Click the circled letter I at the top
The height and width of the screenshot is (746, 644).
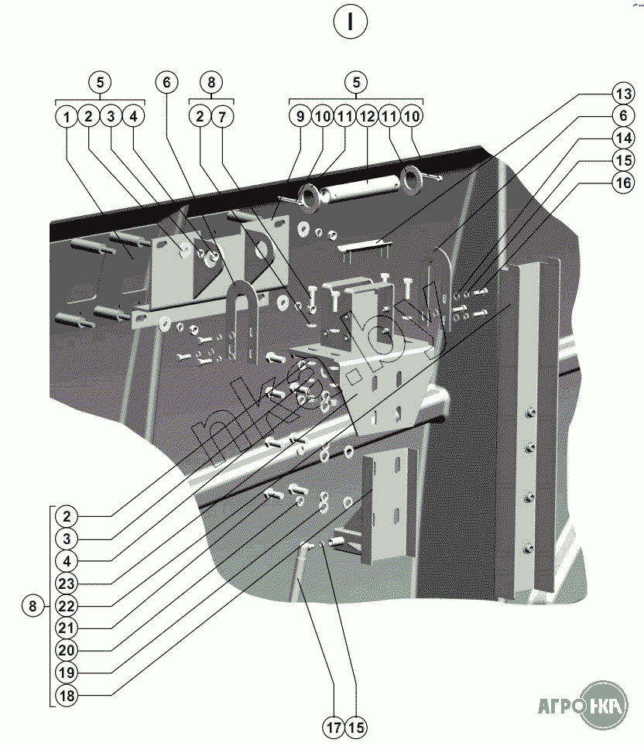coord(351,22)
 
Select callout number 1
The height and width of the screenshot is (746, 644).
coord(67,117)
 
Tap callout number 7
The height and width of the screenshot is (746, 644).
coord(222,117)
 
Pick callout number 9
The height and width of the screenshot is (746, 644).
coord(300,117)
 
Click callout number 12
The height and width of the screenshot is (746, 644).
coord(367,117)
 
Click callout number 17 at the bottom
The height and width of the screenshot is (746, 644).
coord(334,727)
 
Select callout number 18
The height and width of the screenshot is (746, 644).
coord(67,696)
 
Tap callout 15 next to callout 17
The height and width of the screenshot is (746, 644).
coord(356,727)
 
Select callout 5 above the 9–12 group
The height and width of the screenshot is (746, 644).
coord(355,81)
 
